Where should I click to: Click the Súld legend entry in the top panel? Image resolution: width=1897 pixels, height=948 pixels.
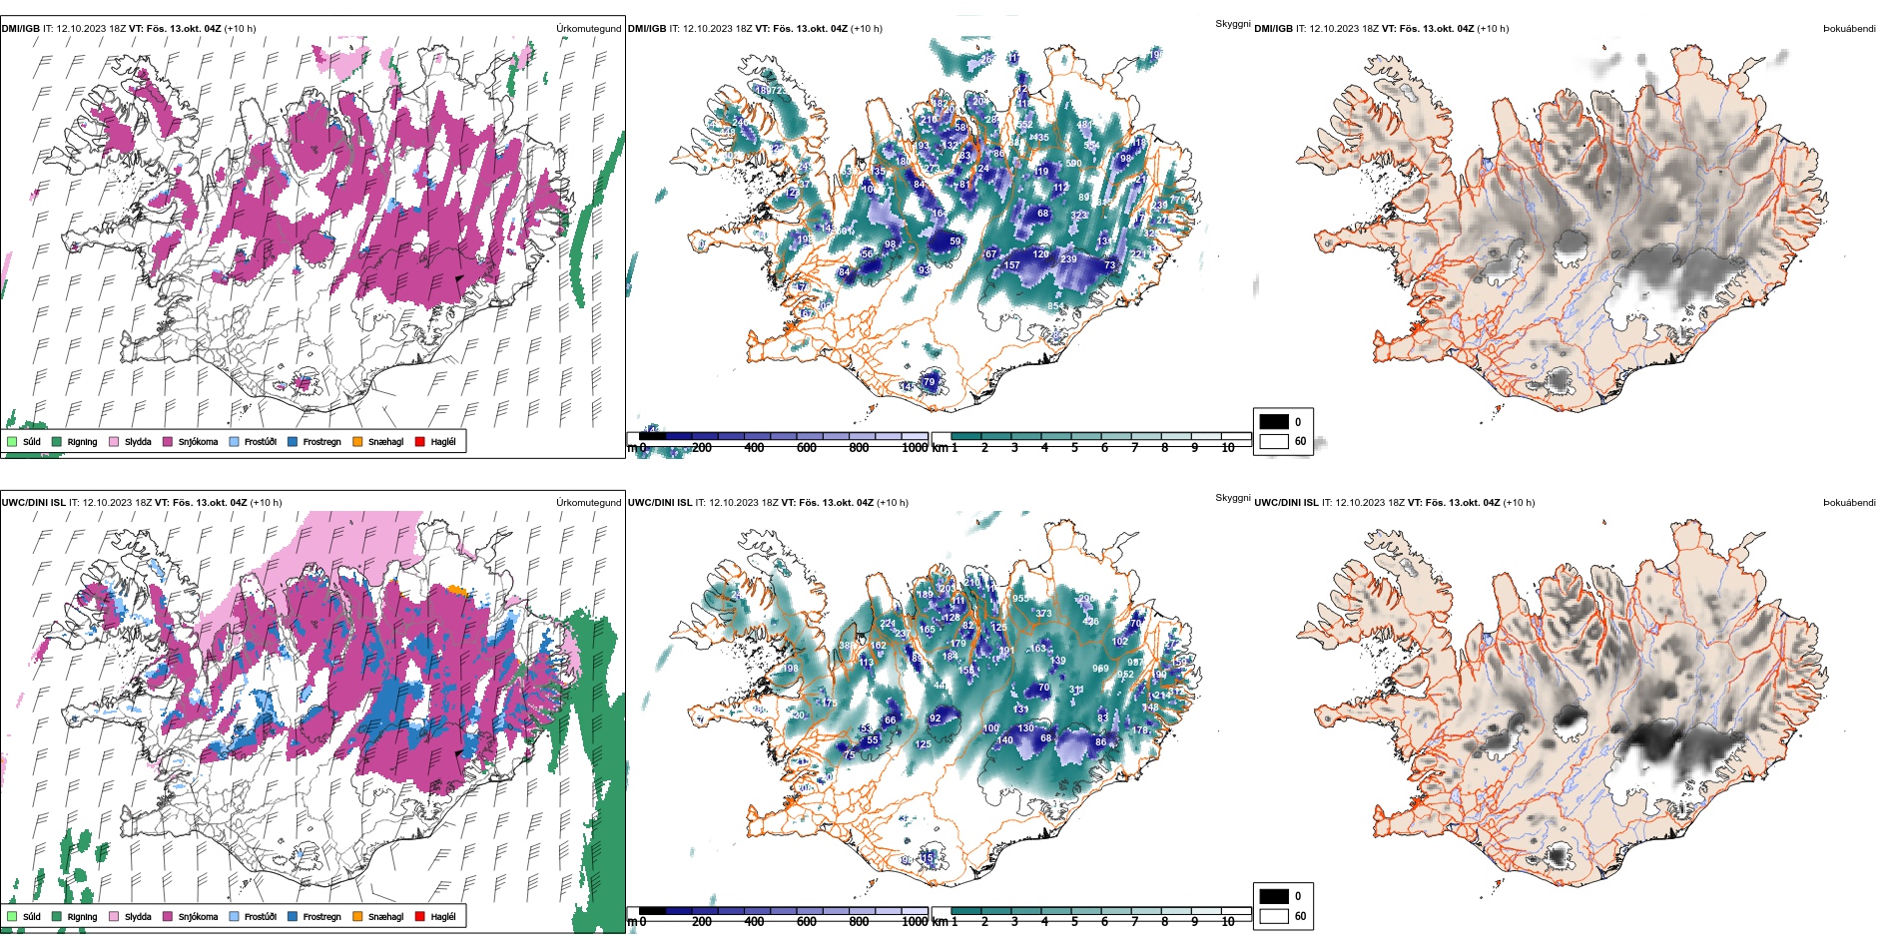(x=24, y=441)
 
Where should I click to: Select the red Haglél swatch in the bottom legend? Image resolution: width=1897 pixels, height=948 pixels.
(x=420, y=916)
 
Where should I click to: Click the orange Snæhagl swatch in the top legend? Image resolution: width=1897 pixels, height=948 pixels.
(x=357, y=441)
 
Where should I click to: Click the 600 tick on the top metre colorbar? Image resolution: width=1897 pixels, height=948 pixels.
(x=807, y=448)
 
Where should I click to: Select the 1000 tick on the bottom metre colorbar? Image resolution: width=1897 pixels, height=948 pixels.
(x=915, y=922)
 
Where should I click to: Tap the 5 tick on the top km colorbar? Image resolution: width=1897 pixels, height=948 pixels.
(x=1074, y=448)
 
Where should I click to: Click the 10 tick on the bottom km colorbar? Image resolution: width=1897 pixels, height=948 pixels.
(x=1228, y=922)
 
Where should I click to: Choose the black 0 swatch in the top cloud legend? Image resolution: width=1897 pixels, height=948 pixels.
(x=1274, y=422)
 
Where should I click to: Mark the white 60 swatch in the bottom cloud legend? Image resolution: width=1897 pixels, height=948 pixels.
(x=1274, y=915)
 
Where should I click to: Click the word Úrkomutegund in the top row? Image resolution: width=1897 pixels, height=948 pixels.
(x=588, y=29)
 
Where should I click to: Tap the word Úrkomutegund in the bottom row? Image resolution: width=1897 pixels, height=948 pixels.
(x=588, y=503)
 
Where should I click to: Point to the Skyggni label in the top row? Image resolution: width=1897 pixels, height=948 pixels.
(x=1232, y=24)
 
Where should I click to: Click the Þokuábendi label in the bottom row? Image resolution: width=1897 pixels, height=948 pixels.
(x=1849, y=503)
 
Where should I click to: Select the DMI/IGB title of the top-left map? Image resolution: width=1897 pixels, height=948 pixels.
(x=20, y=29)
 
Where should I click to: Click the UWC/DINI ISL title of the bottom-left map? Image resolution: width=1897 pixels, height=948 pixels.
(x=33, y=503)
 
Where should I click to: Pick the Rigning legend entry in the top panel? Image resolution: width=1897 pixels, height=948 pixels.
(x=74, y=441)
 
